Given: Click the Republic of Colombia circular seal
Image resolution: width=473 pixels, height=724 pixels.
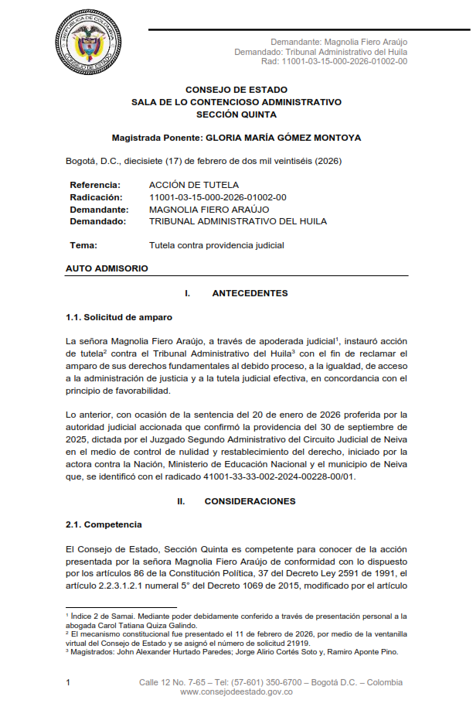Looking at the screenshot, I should [88, 43].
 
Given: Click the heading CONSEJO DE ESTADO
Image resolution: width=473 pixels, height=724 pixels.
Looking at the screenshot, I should [236, 90].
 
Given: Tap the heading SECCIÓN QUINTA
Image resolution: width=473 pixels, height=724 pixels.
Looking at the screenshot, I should [236, 114].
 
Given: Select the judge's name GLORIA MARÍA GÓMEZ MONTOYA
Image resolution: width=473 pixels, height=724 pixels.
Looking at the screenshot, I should [283, 138].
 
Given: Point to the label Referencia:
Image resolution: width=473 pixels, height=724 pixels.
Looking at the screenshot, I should [95, 185].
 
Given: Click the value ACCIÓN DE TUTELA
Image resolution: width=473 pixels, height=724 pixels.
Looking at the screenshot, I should [194, 185].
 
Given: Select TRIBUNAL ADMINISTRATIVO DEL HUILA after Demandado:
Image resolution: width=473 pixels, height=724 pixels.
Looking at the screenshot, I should [237, 221].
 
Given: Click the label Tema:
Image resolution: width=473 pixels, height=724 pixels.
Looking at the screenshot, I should [83, 245].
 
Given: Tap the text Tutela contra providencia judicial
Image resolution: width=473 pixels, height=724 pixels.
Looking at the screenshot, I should [216, 245].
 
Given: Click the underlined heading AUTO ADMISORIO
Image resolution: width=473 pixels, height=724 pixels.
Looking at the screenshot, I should [107, 268].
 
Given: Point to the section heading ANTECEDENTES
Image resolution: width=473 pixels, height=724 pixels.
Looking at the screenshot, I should [250, 293].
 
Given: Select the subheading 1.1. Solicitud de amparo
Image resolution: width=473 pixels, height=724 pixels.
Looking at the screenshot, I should [119, 317].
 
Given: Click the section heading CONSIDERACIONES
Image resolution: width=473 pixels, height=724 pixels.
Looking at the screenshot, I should [250, 501].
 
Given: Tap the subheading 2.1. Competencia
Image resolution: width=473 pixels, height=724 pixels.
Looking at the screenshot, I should [104, 525].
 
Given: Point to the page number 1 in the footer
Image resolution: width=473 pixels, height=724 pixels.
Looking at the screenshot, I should [68, 682].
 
